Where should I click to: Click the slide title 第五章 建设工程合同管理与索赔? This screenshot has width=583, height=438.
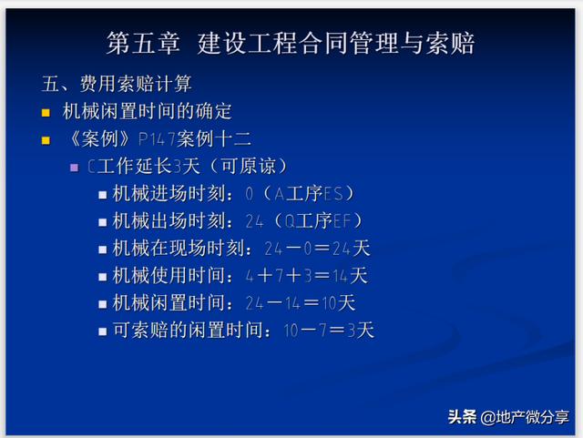click(291, 43)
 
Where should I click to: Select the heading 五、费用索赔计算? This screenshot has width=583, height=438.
click(117, 83)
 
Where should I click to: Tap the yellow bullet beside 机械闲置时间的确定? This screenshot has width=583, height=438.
click(46, 113)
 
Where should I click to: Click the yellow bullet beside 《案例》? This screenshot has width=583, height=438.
click(46, 140)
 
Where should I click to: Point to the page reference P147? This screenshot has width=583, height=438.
click(157, 139)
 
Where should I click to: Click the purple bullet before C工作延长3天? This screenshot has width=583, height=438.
click(75, 168)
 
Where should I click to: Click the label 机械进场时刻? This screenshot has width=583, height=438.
click(169, 193)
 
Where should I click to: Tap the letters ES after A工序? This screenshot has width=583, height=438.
click(333, 194)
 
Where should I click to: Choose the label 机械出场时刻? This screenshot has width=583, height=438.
click(169, 221)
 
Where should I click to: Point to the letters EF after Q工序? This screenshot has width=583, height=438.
click(343, 221)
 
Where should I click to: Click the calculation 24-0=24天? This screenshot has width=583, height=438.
click(317, 249)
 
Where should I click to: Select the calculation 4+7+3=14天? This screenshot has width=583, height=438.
click(307, 276)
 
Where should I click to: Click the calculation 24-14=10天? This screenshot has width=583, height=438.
click(301, 303)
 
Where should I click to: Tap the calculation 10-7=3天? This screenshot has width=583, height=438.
click(329, 331)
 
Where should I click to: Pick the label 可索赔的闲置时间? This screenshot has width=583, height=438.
click(189, 331)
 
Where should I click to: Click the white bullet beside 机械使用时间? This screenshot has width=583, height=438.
click(103, 278)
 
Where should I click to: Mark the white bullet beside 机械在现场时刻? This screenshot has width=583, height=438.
click(103, 250)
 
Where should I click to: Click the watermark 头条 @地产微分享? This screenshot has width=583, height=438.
click(508, 417)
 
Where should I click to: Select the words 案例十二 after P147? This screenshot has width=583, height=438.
click(214, 139)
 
